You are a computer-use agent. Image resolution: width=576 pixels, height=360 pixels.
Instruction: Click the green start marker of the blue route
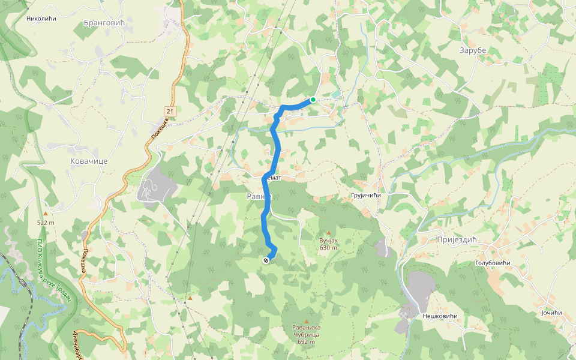(313, 100)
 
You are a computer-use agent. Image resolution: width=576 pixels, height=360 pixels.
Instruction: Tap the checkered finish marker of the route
(265, 260)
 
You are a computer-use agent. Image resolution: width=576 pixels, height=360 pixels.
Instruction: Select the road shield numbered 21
(170, 111)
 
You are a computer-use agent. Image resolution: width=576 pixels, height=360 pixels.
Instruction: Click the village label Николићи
(41, 19)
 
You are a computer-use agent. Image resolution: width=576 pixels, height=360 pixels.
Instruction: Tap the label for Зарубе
(472, 50)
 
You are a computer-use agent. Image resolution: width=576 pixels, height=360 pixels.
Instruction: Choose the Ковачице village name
(88, 162)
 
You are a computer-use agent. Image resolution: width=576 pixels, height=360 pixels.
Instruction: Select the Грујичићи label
(365, 196)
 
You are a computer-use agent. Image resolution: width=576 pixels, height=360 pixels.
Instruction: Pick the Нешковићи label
(440, 316)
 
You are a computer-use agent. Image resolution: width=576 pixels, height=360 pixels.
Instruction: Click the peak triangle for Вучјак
(328, 232)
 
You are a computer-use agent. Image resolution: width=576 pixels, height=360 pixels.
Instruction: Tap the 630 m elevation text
(328, 248)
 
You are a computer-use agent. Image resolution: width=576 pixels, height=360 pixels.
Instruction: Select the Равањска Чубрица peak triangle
(306, 322)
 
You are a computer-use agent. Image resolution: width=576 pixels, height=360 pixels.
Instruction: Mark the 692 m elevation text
(306, 342)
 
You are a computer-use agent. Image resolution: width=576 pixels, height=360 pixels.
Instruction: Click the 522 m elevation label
(46, 223)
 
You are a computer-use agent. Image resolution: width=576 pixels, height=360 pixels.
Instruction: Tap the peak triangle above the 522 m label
(46, 214)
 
